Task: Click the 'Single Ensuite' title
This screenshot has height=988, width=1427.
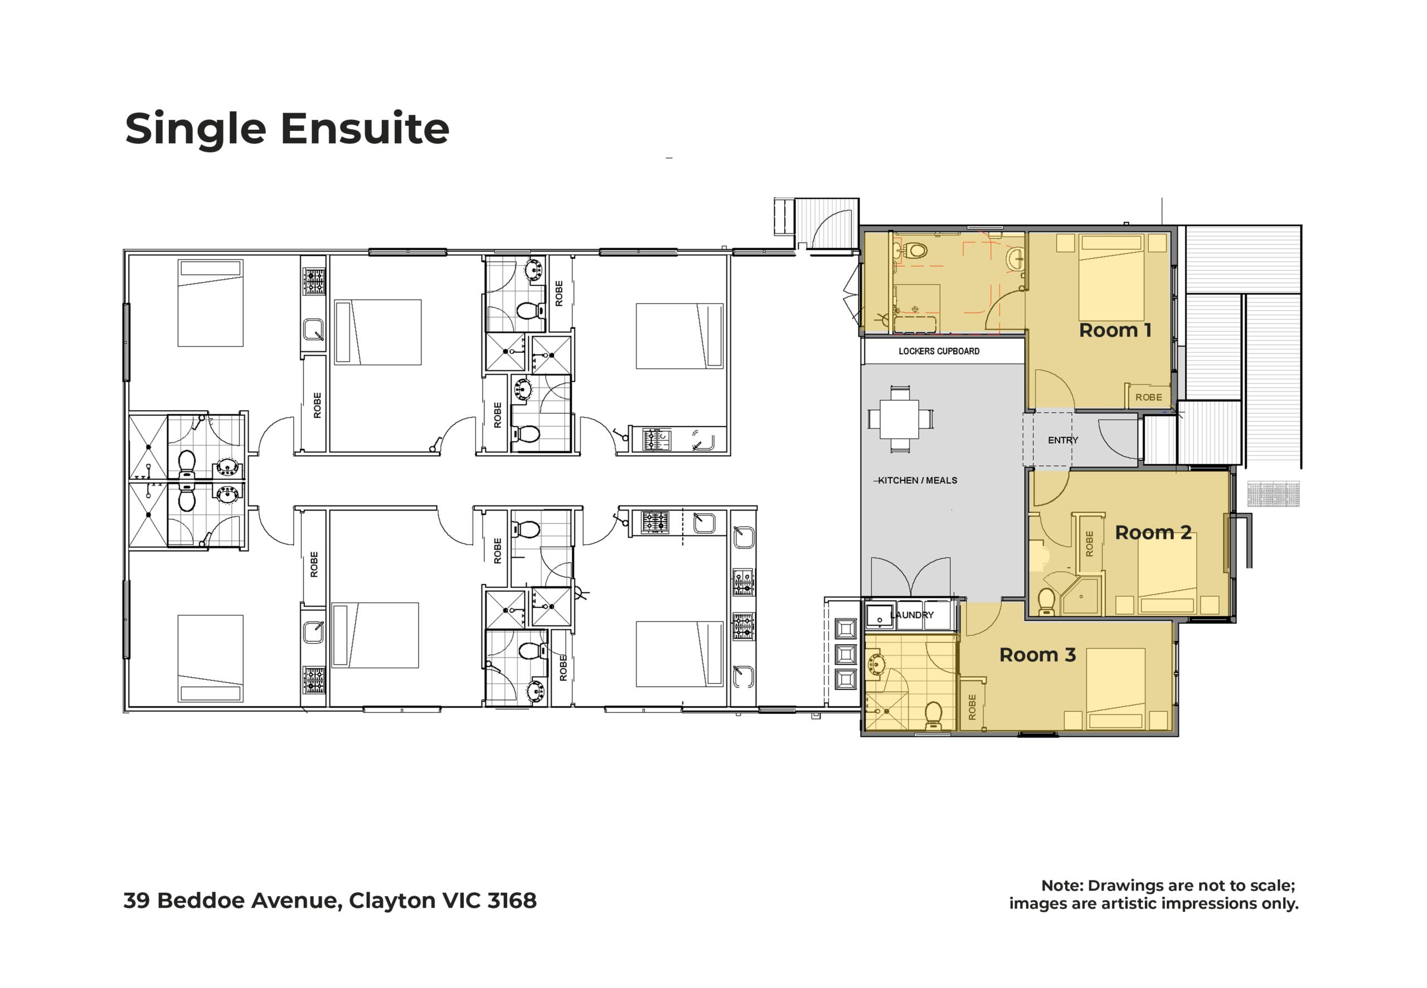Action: point(287,129)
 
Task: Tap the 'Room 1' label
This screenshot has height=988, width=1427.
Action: point(1115,330)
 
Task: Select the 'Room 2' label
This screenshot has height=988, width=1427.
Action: point(1153,532)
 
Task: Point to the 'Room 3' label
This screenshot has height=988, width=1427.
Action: point(1037,655)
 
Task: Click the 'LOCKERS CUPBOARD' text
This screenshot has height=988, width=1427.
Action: point(939,351)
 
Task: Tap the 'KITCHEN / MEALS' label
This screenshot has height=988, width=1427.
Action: point(918,480)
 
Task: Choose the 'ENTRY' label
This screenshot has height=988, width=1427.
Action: point(1063,440)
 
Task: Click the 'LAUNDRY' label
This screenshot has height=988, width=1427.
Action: point(912,615)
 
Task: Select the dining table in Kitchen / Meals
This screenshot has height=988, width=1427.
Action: point(900,420)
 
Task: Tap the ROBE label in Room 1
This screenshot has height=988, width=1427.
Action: point(1148,397)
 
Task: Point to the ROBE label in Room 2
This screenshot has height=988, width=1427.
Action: point(1090,543)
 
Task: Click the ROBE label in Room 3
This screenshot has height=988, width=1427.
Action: point(972,707)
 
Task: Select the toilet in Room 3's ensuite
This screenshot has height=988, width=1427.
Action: point(933,716)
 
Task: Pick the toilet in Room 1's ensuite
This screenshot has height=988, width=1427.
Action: point(913,251)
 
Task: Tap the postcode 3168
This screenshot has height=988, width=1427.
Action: point(512,900)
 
